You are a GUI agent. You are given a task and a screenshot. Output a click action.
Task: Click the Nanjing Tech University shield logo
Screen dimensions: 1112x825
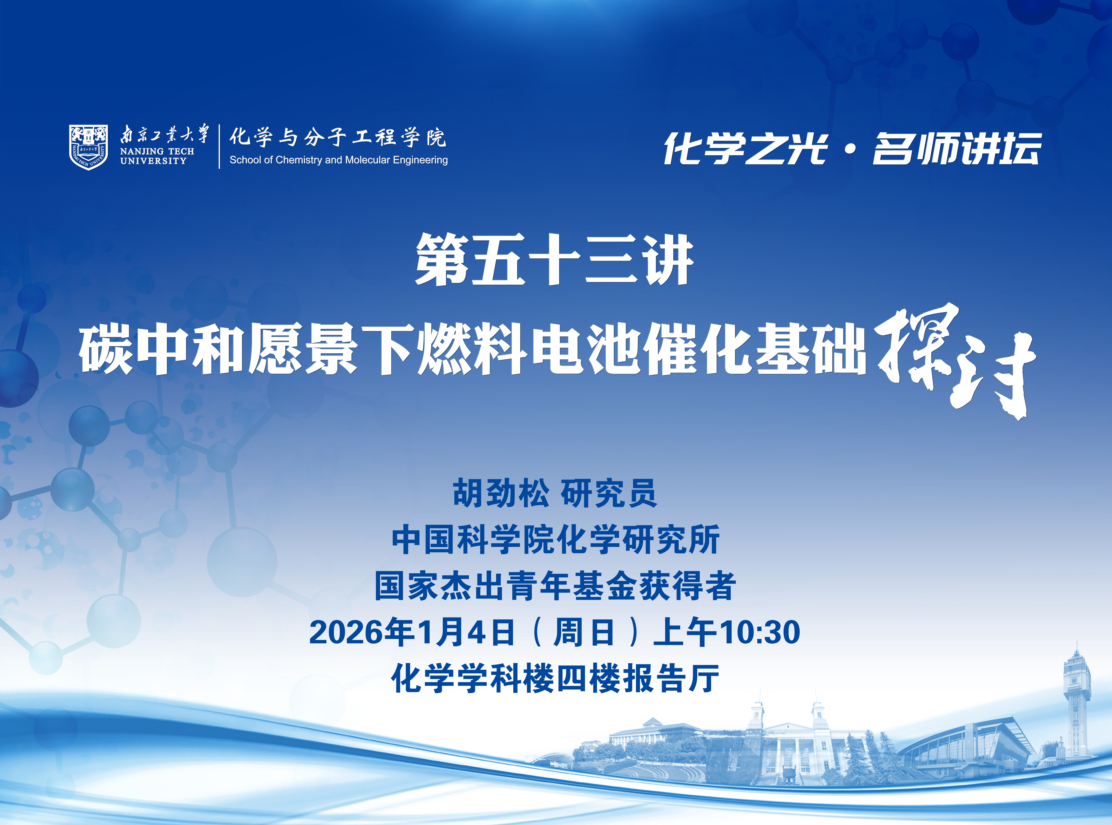(88, 147)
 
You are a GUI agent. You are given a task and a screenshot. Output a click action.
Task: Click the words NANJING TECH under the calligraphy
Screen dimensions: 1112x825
(157, 151)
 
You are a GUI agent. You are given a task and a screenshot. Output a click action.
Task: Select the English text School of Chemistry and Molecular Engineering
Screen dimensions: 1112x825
(338, 160)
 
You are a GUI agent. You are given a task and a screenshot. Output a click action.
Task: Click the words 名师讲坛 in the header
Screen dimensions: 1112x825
(957, 148)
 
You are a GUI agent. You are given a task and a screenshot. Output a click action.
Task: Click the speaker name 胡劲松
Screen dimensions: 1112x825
(501, 493)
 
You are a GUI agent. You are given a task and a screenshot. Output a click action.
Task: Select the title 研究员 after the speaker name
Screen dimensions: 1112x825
(609, 493)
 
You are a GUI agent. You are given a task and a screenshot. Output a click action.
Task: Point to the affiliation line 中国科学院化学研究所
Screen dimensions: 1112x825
(556, 540)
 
